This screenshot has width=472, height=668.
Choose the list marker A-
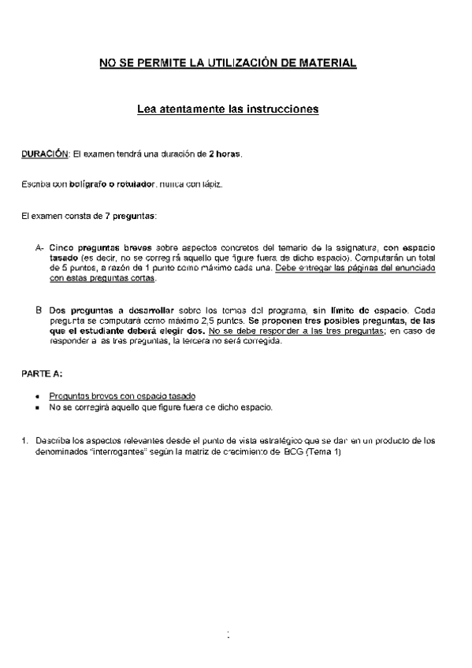pos(39,247)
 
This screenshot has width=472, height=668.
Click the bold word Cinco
pos(62,247)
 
